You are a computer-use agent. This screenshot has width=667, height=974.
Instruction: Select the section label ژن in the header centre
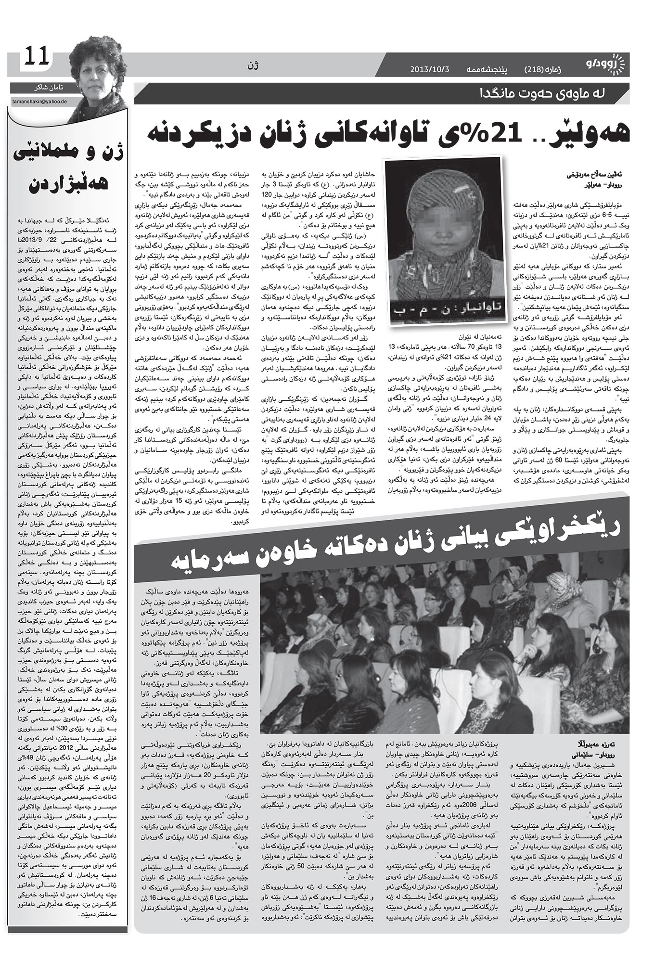(255, 64)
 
